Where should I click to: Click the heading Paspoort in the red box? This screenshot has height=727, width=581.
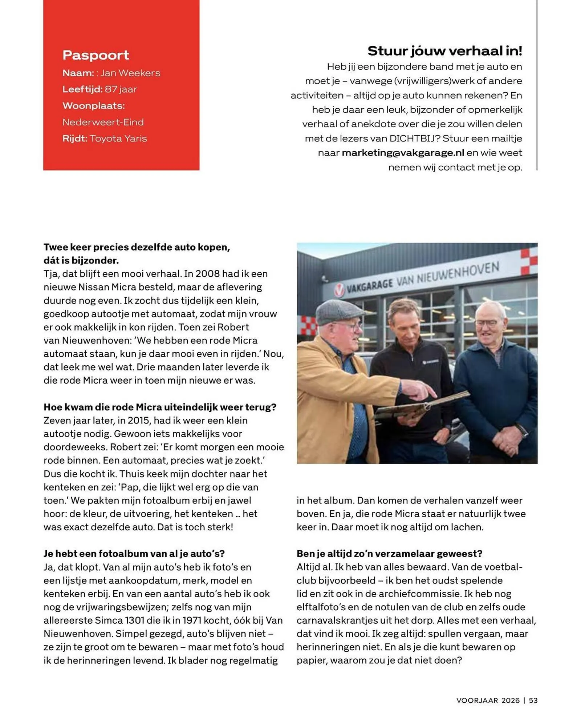click(x=96, y=55)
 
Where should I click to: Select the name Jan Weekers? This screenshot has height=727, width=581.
click(x=130, y=73)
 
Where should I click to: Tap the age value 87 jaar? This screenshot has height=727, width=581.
click(x=121, y=89)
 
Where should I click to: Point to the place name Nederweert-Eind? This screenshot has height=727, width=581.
click(x=103, y=122)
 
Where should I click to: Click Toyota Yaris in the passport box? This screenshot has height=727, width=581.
click(x=118, y=138)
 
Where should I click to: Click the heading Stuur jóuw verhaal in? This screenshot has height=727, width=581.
click(x=444, y=51)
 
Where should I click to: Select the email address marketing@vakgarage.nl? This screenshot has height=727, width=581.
click(x=403, y=153)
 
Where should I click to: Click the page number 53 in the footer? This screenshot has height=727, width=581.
click(x=533, y=700)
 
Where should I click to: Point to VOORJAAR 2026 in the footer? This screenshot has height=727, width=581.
click(x=488, y=700)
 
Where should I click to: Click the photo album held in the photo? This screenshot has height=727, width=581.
click(x=418, y=407)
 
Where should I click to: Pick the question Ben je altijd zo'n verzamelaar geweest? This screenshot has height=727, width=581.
click(x=389, y=554)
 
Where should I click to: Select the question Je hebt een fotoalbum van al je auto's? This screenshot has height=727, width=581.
click(x=134, y=554)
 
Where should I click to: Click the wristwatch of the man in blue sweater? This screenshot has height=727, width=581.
click(x=522, y=430)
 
